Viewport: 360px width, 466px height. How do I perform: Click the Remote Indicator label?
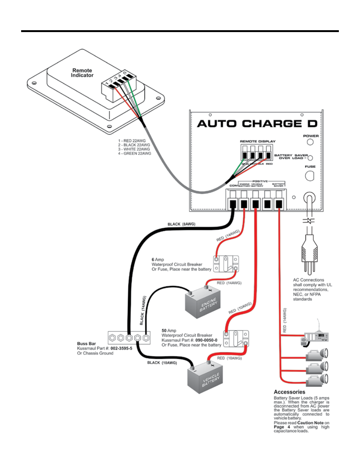[82, 73]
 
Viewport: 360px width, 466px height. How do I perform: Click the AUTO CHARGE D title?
[257, 124]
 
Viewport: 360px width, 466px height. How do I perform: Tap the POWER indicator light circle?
[310, 142]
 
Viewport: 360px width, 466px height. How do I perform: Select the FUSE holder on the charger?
[310, 176]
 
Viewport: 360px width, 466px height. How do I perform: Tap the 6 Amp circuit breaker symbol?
[226, 264]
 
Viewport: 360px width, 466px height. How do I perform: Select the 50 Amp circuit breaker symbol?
[236, 338]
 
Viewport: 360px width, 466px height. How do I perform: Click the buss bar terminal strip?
[129, 337]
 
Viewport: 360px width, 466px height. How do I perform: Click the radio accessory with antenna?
[315, 337]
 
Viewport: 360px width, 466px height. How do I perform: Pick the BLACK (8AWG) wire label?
[181, 224]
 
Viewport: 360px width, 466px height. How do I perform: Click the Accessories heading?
[289, 392]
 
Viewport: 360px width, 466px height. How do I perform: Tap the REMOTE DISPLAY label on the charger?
[258, 141]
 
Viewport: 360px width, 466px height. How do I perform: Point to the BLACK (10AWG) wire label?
[162, 363]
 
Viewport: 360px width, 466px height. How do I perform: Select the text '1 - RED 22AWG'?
[132, 141]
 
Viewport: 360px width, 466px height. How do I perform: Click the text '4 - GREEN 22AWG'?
[134, 154]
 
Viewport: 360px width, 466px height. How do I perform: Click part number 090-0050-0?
[206, 340]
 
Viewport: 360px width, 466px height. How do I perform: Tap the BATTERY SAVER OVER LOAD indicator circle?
[310, 158]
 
